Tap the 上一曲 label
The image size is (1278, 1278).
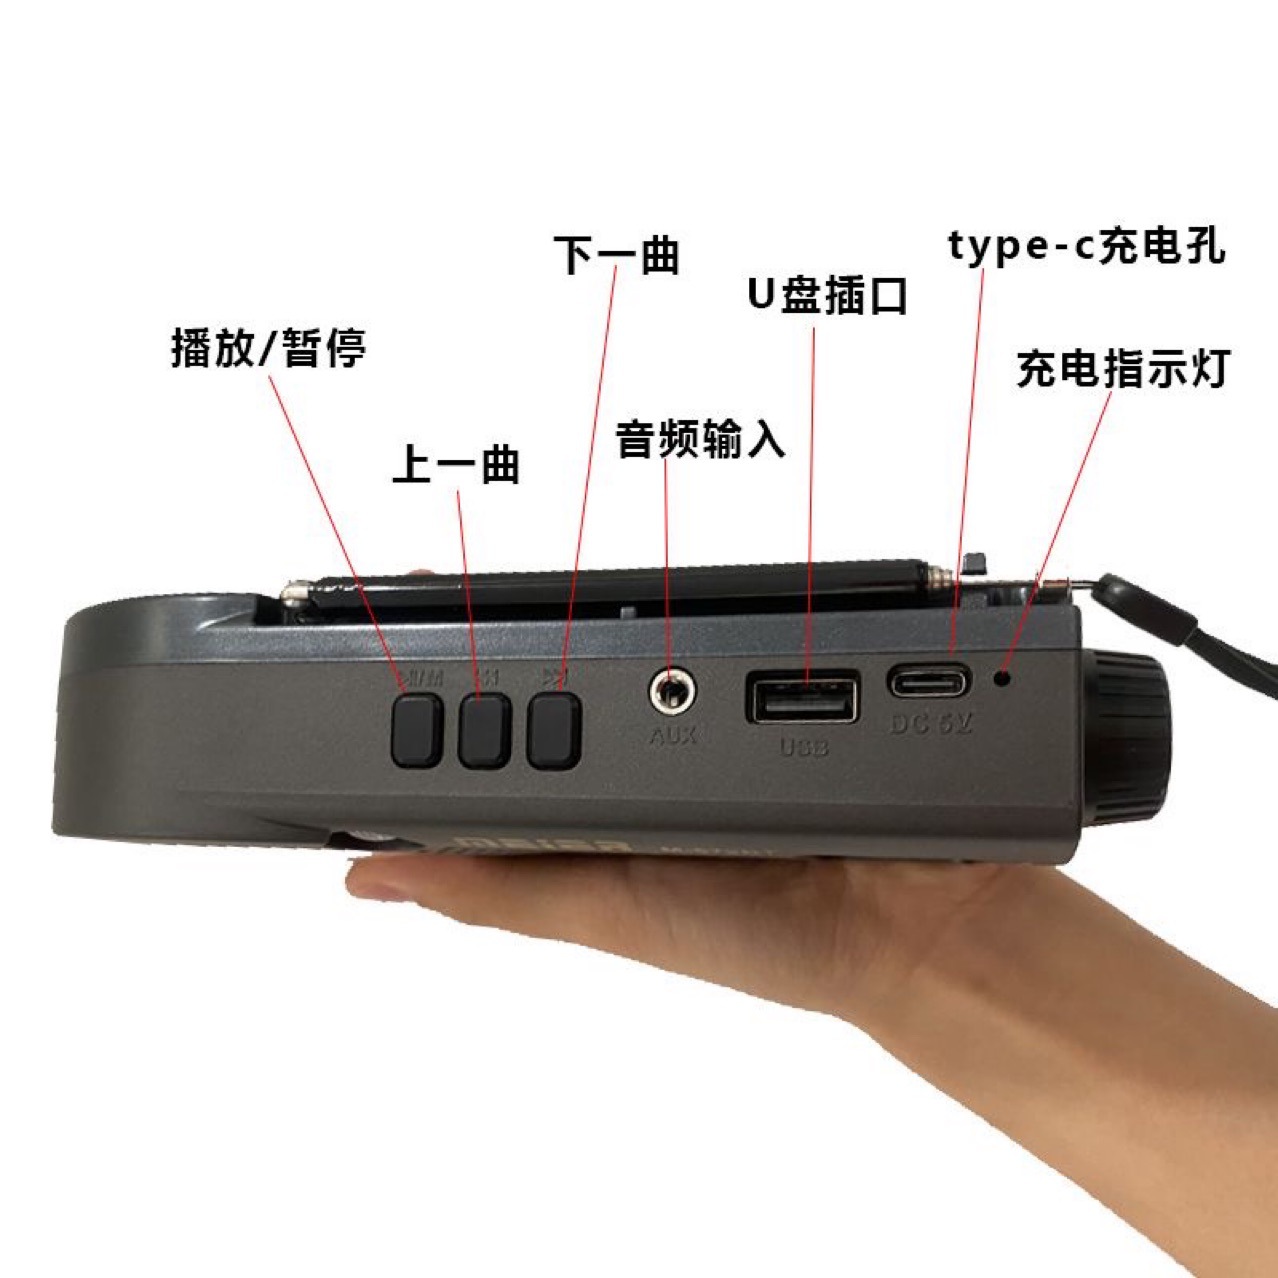pos(456,465)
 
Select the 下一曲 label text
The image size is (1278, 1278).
pos(617,255)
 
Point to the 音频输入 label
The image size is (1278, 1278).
pos(700,439)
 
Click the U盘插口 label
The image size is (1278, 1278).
pos(827,296)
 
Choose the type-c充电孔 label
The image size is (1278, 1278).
pos(1087,246)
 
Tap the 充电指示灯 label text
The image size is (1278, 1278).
pos(1122,369)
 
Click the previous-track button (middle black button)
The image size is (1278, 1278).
pos(485,732)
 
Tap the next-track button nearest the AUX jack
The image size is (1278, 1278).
pos(554,732)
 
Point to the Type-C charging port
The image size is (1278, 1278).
pos(929,683)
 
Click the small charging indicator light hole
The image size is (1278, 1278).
pos(1002,680)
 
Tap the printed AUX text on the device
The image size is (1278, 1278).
pos(672,736)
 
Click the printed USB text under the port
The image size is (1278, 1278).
pos(803,747)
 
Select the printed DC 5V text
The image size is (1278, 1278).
pos(931,723)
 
